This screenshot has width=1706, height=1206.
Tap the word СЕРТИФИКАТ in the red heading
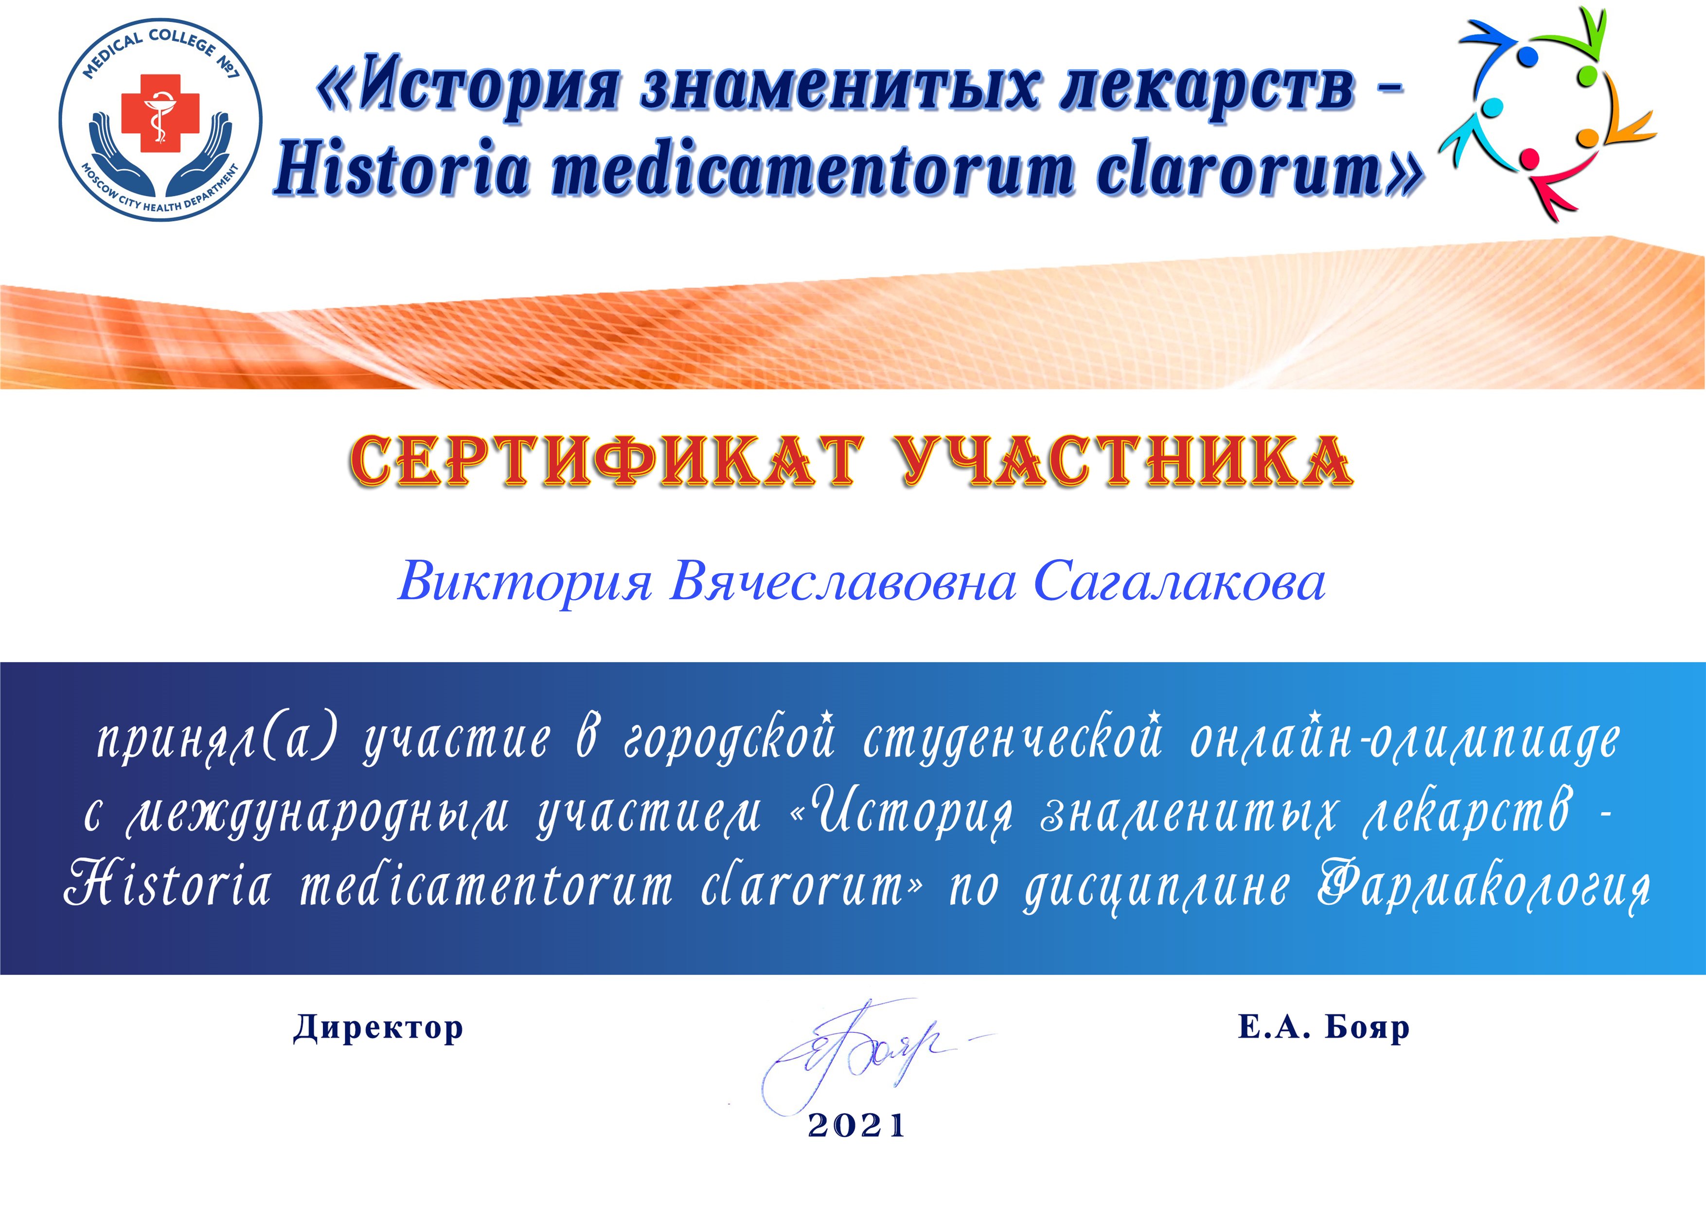pos(605,461)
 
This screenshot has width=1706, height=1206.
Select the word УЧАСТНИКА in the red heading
pos(1126,461)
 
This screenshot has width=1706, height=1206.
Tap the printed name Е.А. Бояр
pos(1323,1027)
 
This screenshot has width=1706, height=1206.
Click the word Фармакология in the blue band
pos(1485,889)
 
